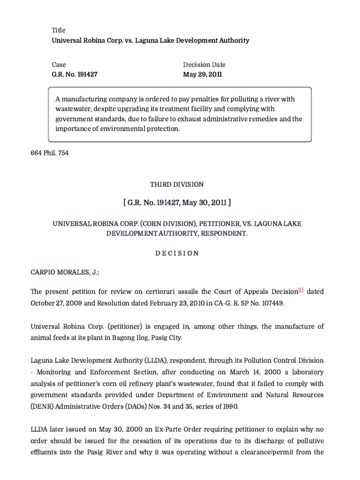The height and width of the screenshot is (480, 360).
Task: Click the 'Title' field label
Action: point(59,30)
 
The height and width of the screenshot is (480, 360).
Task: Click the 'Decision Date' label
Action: point(204,65)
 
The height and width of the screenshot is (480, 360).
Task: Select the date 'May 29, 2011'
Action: point(202,74)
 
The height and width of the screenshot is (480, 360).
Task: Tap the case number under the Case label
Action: point(75,74)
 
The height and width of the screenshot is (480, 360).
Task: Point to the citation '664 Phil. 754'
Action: point(49,153)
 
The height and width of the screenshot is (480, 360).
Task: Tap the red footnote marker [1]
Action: point(300,291)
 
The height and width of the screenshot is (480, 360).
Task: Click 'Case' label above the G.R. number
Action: point(59,65)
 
